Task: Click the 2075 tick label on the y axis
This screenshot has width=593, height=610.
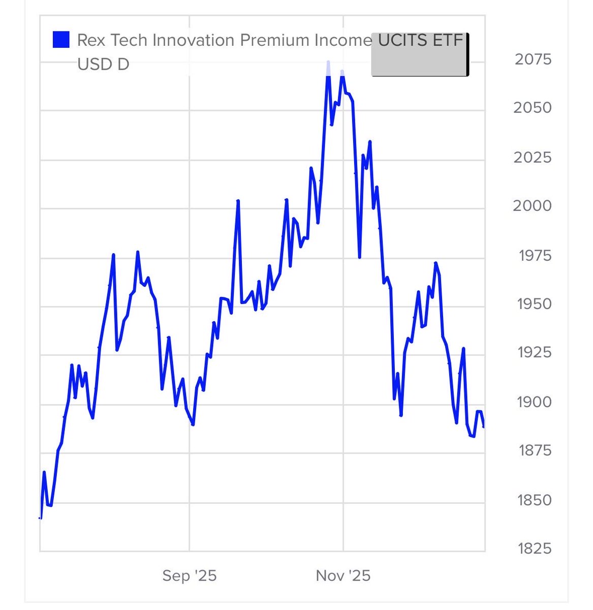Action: (533, 59)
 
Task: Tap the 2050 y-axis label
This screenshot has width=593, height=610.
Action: (532, 108)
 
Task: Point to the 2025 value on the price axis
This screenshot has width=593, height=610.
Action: (532, 157)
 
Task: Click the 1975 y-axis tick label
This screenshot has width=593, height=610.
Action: (535, 255)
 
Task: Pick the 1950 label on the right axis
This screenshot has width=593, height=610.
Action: (534, 304)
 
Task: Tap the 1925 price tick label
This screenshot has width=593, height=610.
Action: (534, 352)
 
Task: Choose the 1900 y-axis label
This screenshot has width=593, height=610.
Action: (534, 402)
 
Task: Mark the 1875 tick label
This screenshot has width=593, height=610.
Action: (534, 450)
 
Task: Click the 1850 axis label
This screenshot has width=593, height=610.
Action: (534, 500)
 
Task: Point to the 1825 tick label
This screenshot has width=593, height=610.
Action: (534, 548)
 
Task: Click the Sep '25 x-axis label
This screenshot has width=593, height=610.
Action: (190, 576)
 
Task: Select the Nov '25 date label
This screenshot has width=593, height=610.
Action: (343, 576)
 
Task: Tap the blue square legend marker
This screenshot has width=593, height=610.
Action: (61, 40)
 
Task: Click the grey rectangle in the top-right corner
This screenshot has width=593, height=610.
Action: (420, 55)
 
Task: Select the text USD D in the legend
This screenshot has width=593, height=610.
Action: (103, 64)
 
